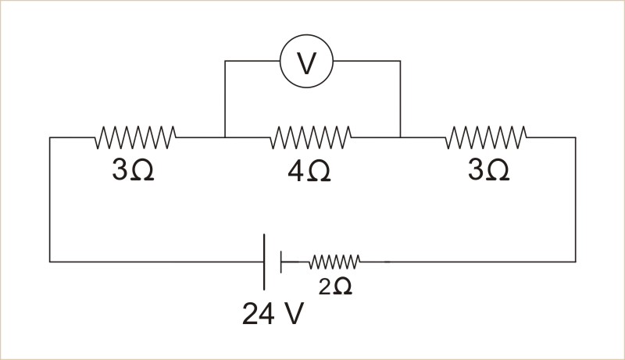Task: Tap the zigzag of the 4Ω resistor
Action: pyautogui.click(x=311, y=137)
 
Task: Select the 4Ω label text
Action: pyautogui.click(x=309, y=172)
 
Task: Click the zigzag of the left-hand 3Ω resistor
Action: pyautogui.click(x=135, y=137)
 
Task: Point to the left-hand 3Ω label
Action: pyautogui.click(x=133, y=170)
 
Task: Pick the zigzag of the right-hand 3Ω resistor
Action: pyautogui.click(x=486, y=137)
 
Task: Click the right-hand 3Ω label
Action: pyautogui.click(x=489, y=170)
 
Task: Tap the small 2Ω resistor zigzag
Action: pyautogui.click(x=334, y=262)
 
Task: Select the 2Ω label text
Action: pyautogui.click(x=335, y=287)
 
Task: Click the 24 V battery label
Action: pyautogui.click(x=273, y=313)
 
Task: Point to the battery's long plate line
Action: pyautogui.click(x=264, y=262)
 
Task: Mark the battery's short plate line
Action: pyautogui.click(x=281, y=262)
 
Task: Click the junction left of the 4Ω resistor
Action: pyautogui.click(x=225, y=137)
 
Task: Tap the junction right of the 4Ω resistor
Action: pyautogui.click(x=400, y=137)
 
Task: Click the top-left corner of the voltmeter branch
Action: pyautogui.click(x=225, y=61)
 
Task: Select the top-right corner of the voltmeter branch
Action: pyautogui.click(x=400, y=61)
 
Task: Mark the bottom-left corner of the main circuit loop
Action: pyautogui.click(x=50, y=262)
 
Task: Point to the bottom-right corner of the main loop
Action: pyautogui.click(x=575, y=262)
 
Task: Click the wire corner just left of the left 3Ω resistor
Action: pyautogui.click(x=50, y=137)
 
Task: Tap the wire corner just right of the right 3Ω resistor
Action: pyautogui.click(x=575, y=137)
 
